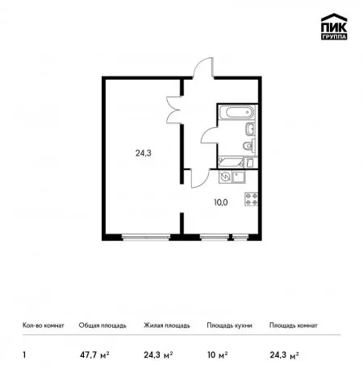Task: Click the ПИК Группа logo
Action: pyautogui.click(x=334, y=27)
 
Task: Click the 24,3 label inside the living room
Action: pyautogui.click(x=143, y=153)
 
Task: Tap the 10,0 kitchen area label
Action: pyautogui.click(x=221, y=202)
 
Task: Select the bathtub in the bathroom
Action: pyautogui.click(x=236, y=112)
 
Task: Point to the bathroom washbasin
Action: pyautogui.click(x=250, y=129)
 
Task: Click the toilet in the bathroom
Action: pyautogui.click(x=248, y=146)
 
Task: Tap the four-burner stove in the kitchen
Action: pyautogui.click(x=251, y=199)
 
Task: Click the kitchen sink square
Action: pyautogui.click(x=239, y=177)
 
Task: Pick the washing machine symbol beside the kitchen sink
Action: pyautogui.click(x=225, y=177)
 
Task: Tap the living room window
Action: pyautogui.click(x=146, y=237)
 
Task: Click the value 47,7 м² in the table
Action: pyautogui.click(x=94, y=355)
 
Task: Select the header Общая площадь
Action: pyautogui.click(x=102, y=325)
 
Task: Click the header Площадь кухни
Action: pyautogui.click(x=229, y=325)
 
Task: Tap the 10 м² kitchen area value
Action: pyautogui.click(x=218, y=355)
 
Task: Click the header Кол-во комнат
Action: pyautogui.click(x=44, y=325)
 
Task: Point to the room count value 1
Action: pyautogui.click(x=24, y=355)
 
